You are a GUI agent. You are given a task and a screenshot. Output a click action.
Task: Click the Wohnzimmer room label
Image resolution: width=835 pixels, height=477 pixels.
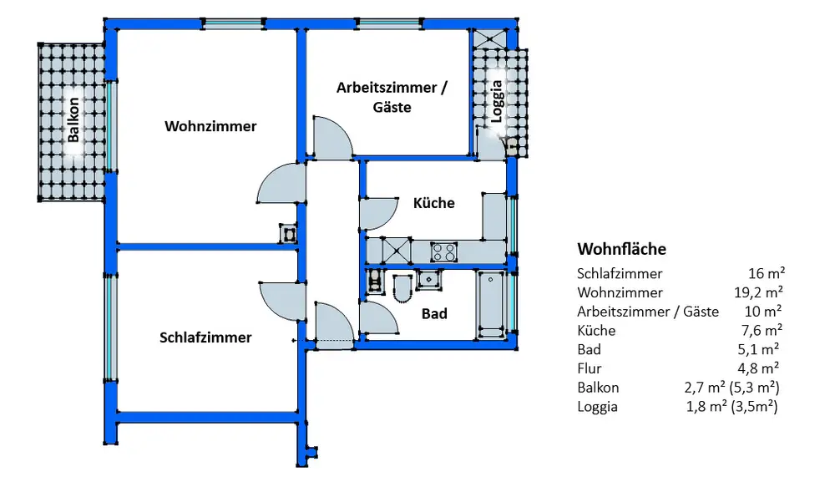210,127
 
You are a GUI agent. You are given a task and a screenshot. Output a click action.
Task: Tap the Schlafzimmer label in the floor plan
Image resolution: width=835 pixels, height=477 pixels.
205,337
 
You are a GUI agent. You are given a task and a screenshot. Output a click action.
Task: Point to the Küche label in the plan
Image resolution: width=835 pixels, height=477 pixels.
434,203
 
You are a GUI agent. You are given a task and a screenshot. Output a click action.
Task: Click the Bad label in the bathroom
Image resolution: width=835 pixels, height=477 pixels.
434,314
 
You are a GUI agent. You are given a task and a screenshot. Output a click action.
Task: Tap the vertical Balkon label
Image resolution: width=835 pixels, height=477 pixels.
73,120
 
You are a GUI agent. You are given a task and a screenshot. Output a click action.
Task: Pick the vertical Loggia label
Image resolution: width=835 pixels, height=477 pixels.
496,102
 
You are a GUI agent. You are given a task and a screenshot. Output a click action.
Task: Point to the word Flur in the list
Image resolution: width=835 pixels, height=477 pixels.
589,368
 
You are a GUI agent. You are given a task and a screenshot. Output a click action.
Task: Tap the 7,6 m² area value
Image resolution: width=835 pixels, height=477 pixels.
762,330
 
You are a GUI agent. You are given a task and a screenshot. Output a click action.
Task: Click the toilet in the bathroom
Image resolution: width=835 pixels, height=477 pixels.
402,288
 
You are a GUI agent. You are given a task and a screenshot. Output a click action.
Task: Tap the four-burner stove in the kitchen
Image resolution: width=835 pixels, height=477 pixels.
443,251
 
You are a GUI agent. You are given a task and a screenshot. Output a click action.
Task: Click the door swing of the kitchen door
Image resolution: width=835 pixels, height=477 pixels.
378,212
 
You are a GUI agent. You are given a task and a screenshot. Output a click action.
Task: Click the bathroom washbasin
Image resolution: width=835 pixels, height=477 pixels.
429,280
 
